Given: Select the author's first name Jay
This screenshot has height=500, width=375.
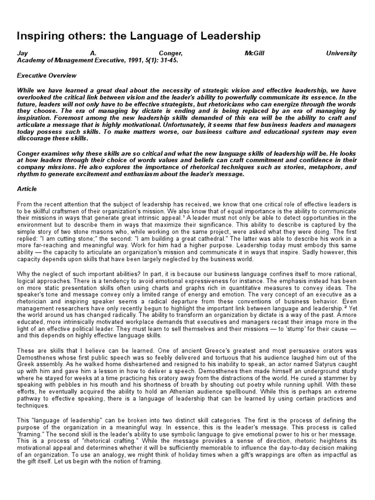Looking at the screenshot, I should coord(22,53).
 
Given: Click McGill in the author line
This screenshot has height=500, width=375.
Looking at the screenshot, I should coord(254,53).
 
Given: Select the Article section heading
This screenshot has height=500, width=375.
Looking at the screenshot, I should coord(27,189).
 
